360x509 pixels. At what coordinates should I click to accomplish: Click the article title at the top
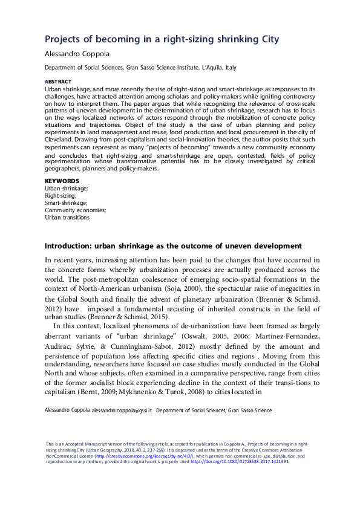click(x=162, y=39)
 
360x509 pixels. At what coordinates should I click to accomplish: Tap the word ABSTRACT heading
click(x=58, y=81)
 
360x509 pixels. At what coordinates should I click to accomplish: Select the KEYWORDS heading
click(x=62, y=181)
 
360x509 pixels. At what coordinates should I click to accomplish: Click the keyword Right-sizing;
click(x=61, y=196)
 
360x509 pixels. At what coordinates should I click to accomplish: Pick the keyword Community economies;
click(x=76, y=210)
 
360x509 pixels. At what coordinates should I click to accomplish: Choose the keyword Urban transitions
click(x=67, y=218)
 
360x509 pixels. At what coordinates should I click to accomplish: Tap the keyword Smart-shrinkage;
click(x=66, y=203)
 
